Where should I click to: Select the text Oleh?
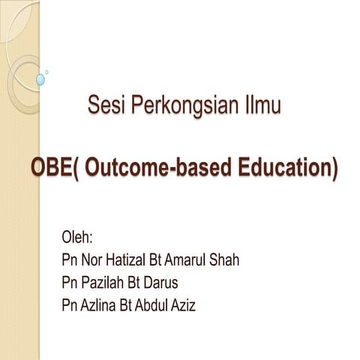click(x=77, y=239)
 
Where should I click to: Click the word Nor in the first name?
click(x=94, y=261)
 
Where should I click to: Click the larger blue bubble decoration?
click(x=40, y=79)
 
